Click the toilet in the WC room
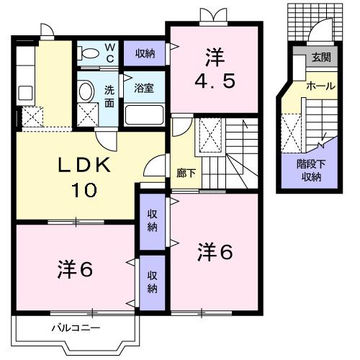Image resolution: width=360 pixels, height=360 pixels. [x=89, y=54]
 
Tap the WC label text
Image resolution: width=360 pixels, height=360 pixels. [x=111, y=53]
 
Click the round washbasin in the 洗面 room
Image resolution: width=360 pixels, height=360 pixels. [x=86, y=91]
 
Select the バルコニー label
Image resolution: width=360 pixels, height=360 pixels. [x=76, y=328]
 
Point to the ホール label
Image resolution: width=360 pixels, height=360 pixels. [x=320, y=86]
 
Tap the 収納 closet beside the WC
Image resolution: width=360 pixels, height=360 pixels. [x=145, y=53]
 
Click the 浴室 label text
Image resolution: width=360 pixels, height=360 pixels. [x=144, y=89]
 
